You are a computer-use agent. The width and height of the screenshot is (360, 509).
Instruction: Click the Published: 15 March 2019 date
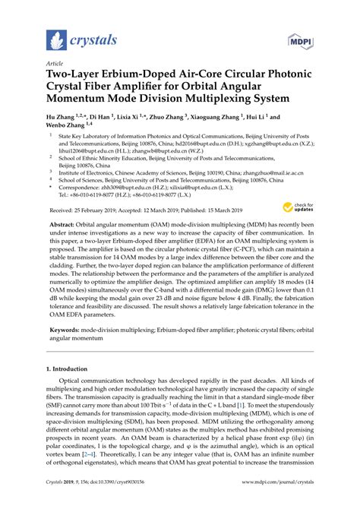(x=210, y=209)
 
